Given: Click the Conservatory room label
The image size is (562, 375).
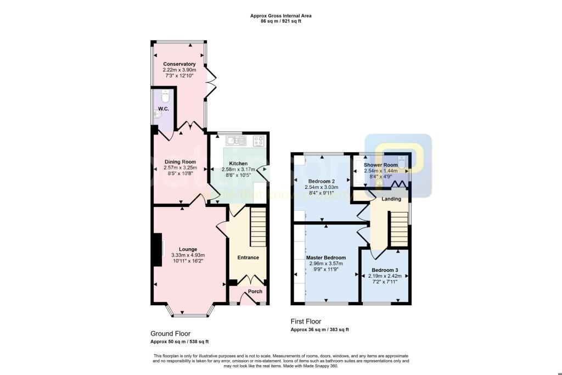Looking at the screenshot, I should click(179, 64).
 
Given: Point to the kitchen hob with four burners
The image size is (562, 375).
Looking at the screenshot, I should click(259, 141).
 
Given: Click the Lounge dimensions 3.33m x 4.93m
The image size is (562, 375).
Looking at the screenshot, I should click(188, 255).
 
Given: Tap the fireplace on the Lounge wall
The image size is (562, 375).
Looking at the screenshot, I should click(159, 249).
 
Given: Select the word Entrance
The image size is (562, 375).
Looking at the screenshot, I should click(248, 258).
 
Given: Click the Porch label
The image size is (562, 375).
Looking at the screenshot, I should click(255, 291).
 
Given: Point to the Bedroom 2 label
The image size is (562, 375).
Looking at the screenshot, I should click(321, 181).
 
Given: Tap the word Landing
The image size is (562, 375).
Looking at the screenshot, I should click(391, 199).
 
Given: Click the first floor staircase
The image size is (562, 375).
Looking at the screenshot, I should click(398, 230).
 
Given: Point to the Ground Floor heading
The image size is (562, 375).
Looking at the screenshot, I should click(170, 333).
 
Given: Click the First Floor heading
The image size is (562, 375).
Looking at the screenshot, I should click(306, 321).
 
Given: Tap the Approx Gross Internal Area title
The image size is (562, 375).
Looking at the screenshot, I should click(280, 16).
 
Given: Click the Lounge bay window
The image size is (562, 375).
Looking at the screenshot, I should click(189, 315).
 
